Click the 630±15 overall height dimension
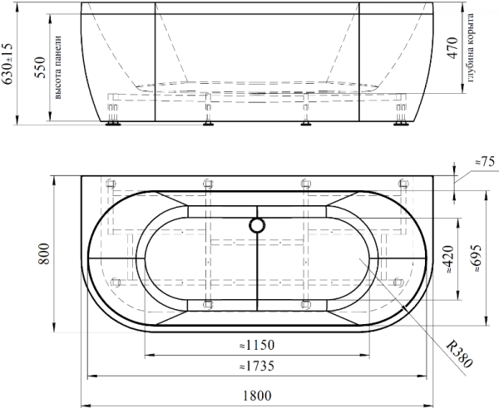tap(7, 64)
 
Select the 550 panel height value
tap(41, 67)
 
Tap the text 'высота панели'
tap(57, 67)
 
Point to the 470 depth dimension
tap(452, 48)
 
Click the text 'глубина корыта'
tap(470, 47)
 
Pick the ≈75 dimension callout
tap(485, 162)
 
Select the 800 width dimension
tap(44, 253)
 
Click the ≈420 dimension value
tap(448, 259)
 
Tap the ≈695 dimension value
tap(477, 258)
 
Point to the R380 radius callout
tap(458, 354)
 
